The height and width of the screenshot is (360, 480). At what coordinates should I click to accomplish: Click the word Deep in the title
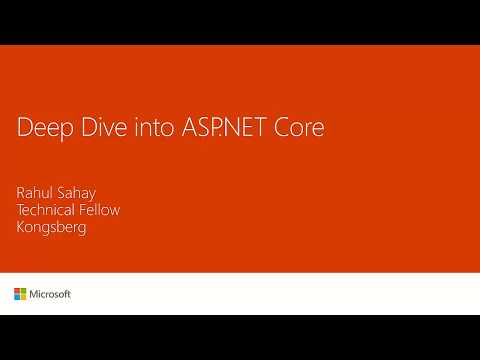(x=41, y=130)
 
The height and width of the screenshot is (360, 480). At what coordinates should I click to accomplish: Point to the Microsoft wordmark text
(x=50, y=294)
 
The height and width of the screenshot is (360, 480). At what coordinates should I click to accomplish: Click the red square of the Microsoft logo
(x=17, y=291)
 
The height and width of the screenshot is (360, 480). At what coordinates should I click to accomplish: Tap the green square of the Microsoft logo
(x=23, y=291)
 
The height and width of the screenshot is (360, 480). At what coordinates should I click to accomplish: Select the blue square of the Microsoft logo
(x=17, y=297)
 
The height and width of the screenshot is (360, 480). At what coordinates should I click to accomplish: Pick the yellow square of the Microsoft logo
(x=23, y=297)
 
